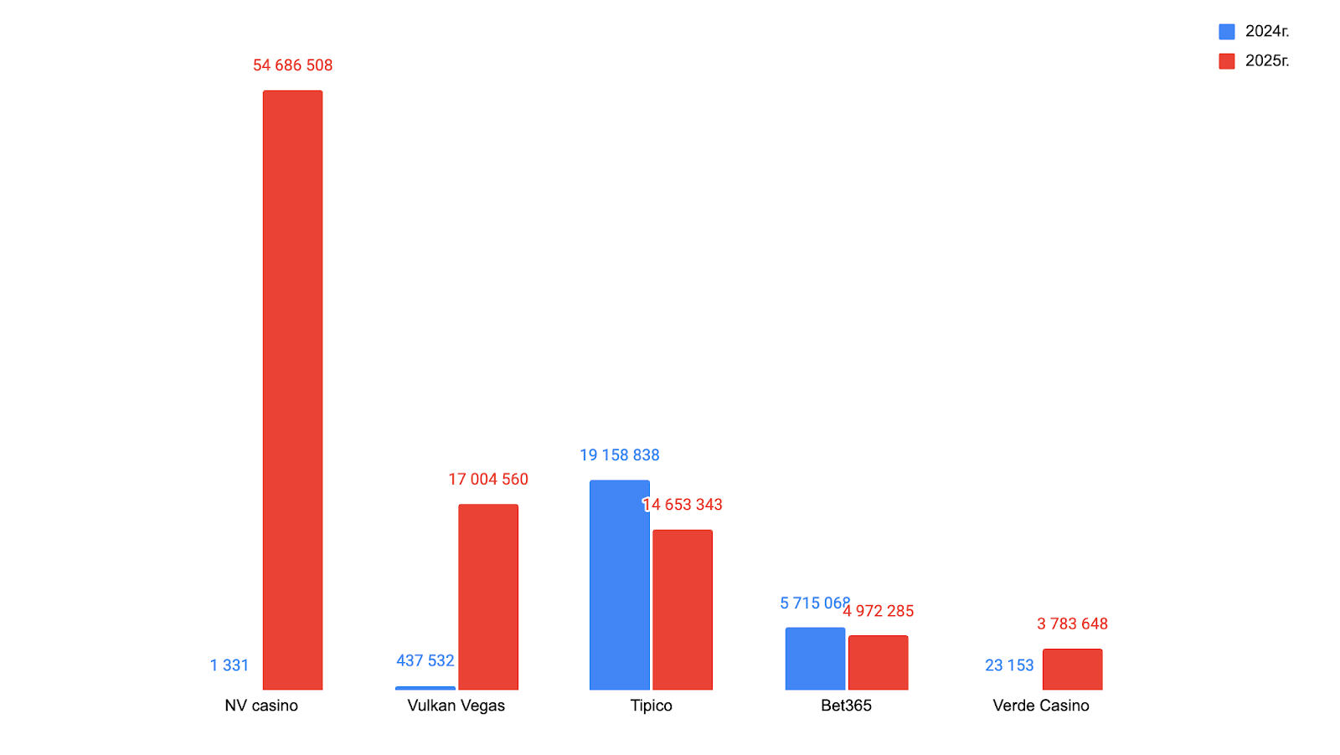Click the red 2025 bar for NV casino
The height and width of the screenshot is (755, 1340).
coord(292,390)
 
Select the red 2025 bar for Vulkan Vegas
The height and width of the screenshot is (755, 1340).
coord(488,597)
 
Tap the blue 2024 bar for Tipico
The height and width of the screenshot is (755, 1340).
coord(619,585)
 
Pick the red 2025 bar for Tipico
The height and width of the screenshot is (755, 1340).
coord(683,609)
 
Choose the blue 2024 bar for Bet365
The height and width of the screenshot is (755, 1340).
coord(815,659)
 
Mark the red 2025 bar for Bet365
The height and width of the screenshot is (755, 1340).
coord(878,662)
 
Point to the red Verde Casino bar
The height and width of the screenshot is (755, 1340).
coord(1072,669)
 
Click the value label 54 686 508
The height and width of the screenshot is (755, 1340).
coord(292,65)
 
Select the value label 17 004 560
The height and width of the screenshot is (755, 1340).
coord(488,480)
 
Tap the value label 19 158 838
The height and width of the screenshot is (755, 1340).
coord(619,455)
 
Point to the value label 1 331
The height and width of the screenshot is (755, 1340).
coord(229,665)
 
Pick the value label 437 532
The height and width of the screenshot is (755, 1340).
coord(425,661)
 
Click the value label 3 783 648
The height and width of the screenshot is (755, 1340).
coord(1072,624)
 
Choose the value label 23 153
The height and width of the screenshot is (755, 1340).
coord(1009,665)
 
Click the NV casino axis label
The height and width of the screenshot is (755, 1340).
coord(261,706)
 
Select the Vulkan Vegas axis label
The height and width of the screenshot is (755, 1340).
coord(456,706)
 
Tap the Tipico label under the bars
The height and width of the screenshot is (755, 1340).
coord(651,706)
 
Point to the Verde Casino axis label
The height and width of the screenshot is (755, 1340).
coord(1041,706)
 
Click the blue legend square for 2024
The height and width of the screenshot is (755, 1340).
coord(1226,32)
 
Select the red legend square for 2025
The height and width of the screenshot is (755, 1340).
coord(1226,61)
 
